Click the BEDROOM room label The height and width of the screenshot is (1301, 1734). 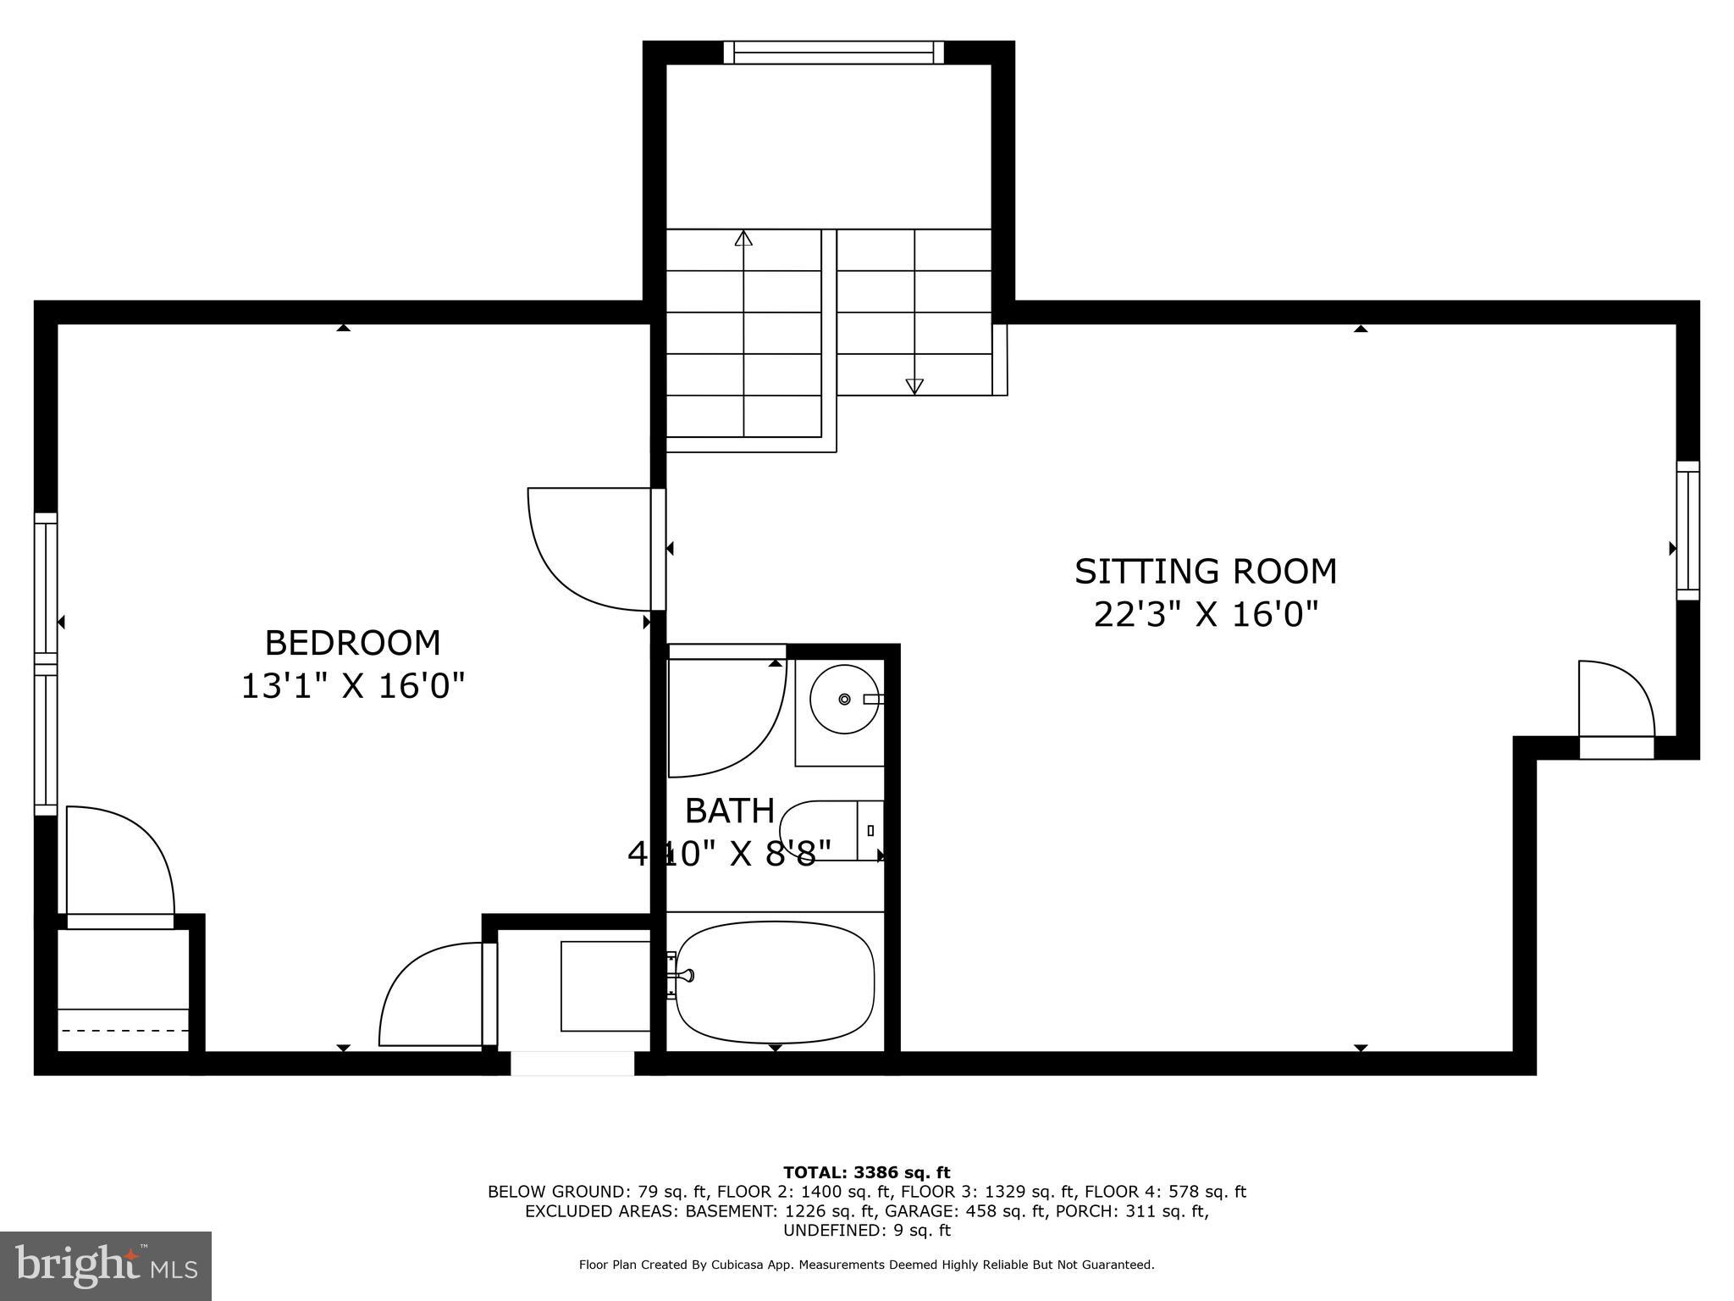pyautogui.click(x=352, y=643)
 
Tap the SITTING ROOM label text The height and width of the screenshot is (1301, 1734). pyautogui.click(x=1205, y=572)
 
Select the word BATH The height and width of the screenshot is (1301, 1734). pyautogui.click(x=729, y=811)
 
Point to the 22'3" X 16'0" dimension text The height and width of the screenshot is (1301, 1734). pyautogui.click(x=1206, y=615)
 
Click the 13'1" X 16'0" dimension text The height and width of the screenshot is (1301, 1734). pyautogui.click(x=353, y=686)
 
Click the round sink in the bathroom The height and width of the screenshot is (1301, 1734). pyautogui.click(x=844, y=699)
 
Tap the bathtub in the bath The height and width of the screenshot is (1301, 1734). pyautogui.click(x=775, y=983)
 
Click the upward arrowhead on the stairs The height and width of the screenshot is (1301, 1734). pyautogui.click(x=743, y=238)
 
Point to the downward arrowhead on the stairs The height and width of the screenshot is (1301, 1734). pyautogui.click(x=914, y=386)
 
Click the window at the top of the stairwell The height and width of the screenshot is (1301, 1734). pyautogui.click(x=834, y=53)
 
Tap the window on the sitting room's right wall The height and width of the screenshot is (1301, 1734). pyautogui.click(x=1687, y=530)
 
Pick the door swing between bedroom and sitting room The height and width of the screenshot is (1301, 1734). pyautogui.click(x=584, y=551)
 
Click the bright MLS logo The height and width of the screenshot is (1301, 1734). pyautogui.click(x=105, y=1265)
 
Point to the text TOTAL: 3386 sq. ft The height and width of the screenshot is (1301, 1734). pyautogui.click(x=866, y=1173)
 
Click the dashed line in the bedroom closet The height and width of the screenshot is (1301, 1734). pyautogui.click(x=123, y=1031)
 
